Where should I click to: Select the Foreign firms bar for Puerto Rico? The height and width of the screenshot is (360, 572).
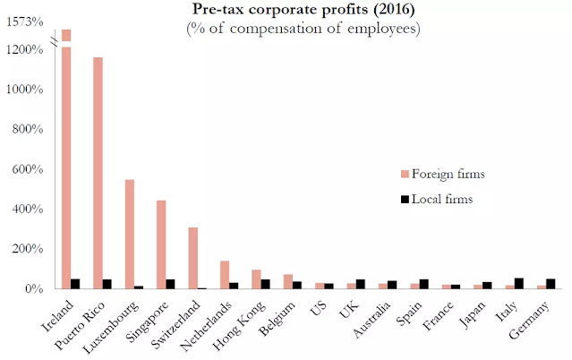click(x=98, y=173)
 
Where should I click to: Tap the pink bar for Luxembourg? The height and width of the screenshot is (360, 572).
click(x=130, y=234)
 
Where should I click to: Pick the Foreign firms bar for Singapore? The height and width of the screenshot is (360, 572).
click(x=161, y=244)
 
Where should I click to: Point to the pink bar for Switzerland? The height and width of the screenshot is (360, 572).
click(x=193, y=258)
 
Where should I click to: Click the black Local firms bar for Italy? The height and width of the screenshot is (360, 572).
click(x=519, y=283)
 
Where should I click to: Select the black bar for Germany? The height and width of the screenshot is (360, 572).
click(x=551, y=284)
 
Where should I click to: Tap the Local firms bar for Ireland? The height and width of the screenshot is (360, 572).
click(x=75, y=284)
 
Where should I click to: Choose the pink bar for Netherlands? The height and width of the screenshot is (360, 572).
click(x=225, y=275)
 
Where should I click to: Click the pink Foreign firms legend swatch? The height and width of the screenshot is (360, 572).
click(x=405, y=174)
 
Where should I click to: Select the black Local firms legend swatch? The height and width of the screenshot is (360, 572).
click(x=405, y=200)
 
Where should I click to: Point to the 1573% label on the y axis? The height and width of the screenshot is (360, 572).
click(x=25, y=22)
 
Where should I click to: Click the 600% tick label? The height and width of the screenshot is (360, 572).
click(x=28, y=169)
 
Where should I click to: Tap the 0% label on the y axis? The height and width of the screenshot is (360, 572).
click(x=34, y=288)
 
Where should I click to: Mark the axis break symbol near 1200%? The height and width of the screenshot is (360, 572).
click(x=55, y=43)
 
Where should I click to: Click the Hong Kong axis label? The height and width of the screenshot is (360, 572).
click(x=239, y=325)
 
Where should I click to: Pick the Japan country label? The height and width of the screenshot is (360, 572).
click(x=473, y=314)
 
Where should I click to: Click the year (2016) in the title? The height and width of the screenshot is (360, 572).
click(x=394, y=9)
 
